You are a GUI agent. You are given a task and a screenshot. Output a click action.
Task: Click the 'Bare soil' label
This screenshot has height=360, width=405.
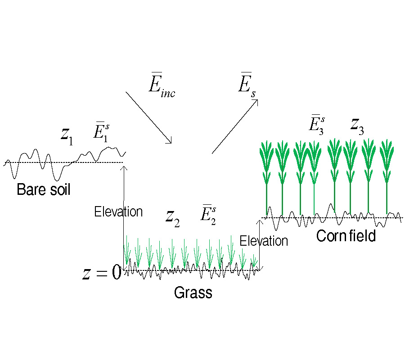click(x=44, y=189)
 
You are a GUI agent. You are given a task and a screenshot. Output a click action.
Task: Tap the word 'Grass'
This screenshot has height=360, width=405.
click(x=193, y=293)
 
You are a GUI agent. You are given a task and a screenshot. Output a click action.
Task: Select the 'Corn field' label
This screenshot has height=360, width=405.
click(x=346, y=236)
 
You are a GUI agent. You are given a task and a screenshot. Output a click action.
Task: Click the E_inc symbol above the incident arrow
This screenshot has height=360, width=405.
click(x=162, y=87)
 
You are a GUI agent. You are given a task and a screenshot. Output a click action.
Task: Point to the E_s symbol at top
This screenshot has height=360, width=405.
click(x=246, y=81)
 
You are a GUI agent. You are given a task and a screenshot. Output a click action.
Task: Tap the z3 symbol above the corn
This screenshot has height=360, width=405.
click(x=357, y=126)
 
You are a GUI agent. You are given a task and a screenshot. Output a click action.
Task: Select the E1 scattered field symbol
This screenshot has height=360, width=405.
click(x=100, y=131)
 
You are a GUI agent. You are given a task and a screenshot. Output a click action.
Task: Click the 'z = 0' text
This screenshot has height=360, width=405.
click(x=102, y=273)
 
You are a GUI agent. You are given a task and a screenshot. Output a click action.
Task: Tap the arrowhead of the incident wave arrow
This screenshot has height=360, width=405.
click(x=170, y=141)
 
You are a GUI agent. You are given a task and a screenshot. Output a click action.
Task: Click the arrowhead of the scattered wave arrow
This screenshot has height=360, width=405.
click(x=256, y=101)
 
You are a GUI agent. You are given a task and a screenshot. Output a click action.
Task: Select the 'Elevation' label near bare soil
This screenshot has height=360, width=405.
click(x=118, y=211)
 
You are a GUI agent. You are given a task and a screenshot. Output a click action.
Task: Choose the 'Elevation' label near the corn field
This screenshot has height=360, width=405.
click(x=264, y=241)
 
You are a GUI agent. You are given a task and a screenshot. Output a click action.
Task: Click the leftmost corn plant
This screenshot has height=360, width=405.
click(x=267, y=175)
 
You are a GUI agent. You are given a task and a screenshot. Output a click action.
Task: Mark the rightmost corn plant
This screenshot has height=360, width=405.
click(x=387, y=175)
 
